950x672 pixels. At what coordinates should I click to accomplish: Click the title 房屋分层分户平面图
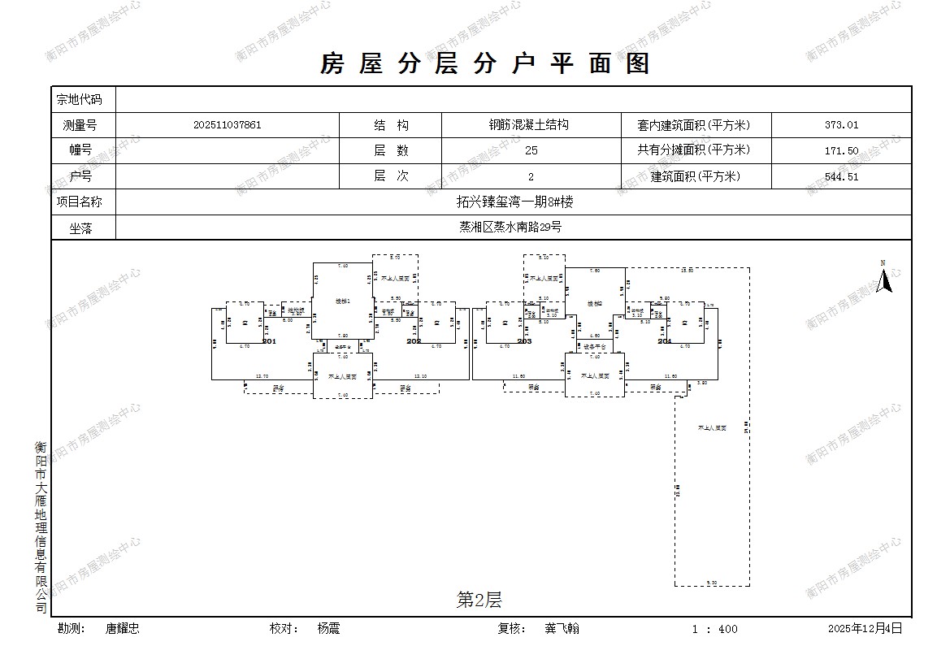coord(485,63)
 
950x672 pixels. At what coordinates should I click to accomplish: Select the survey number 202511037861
coord(228,125)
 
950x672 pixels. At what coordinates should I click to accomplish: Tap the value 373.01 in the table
coord(841,125)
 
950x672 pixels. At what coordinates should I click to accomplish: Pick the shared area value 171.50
coord(841,150)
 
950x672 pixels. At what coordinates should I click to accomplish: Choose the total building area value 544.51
coord(841,176)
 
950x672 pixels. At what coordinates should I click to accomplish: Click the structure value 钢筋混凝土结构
coord(528,125)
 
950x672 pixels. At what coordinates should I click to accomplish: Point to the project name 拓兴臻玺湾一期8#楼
coord(514,202)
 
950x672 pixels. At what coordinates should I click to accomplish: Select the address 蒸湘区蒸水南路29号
coord(510,227)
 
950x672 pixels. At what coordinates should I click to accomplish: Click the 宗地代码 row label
coord(80,99)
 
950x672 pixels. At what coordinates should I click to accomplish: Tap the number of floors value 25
coord(531,150)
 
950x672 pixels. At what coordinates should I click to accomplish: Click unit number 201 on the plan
coord(269,342)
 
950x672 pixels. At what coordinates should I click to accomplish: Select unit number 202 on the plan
coord(414,342)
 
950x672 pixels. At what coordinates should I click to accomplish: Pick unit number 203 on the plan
coord(524,342)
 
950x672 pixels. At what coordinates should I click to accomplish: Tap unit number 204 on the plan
coord(665,342)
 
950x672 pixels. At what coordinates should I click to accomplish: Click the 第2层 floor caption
coord(479,600)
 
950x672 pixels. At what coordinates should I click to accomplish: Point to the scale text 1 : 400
coord(715,629)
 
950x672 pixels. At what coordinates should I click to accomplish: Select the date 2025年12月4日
coord(865,628)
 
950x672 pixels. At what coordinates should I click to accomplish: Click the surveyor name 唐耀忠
coord(123,628)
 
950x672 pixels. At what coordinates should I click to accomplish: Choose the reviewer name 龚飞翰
coord(562,628)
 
